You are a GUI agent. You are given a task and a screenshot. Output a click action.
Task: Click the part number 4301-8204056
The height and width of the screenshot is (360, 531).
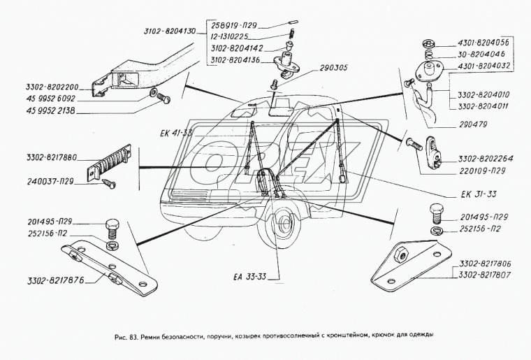pos(482,42)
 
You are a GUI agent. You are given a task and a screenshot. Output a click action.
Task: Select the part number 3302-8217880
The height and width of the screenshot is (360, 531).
pos(42,157)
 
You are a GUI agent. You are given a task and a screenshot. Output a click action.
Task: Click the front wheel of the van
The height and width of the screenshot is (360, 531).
pos(286,225)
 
